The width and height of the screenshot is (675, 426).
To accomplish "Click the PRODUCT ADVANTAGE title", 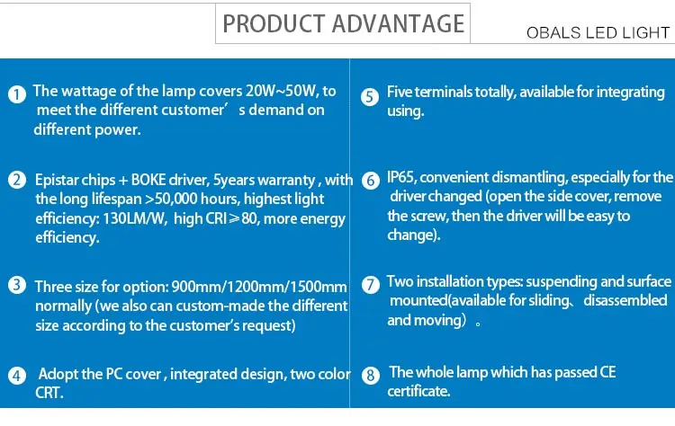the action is coord(343,23).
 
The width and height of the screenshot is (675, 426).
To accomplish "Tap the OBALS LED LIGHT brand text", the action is coord(598,32).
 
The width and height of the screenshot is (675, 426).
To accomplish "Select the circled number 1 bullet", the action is coord(17,94).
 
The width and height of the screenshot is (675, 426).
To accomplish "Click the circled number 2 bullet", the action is coord(17,180).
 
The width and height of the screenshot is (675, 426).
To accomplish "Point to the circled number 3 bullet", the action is coord(17,285).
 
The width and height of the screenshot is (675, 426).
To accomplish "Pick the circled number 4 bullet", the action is coord(17,376).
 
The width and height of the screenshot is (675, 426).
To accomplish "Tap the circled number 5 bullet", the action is coord(370,97).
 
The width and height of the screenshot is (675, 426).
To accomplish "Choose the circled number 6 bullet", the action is coord(370,181).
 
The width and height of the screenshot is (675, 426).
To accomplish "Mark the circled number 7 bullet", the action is coord(370,285).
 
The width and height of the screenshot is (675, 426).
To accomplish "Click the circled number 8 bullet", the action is coord(370,376).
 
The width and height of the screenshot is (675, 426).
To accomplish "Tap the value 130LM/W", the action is coord(135,218).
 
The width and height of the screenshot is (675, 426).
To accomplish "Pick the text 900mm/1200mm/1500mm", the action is coord(259,287).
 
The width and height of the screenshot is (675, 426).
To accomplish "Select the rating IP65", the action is coord(400,177).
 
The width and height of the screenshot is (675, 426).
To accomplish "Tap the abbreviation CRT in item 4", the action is coord(49,393).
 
